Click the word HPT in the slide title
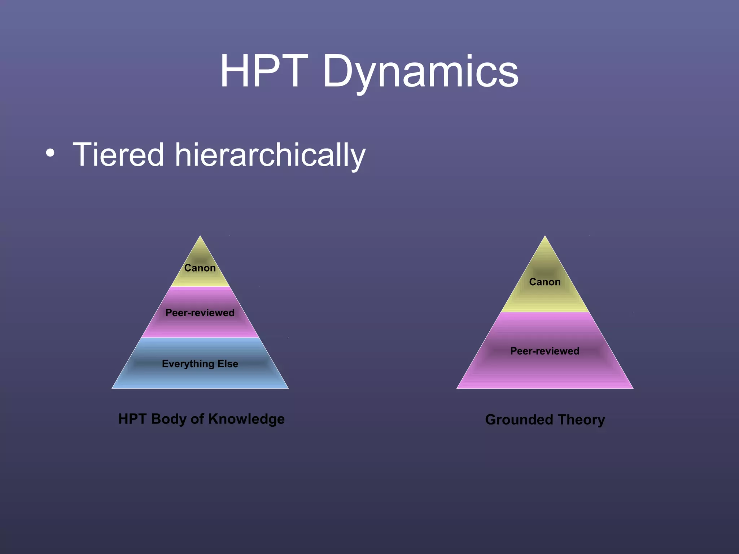click(x=264, y=71)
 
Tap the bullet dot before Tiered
click(x=51, y=153)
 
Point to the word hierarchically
click(x=270, y=155)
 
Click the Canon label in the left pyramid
click(x=200, y=268)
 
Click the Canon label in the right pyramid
click(x=545, y=282)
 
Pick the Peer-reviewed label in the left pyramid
click(x=200, y=313)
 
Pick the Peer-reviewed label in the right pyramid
click(x=545, y=351)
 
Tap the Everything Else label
click(x=200, y=364)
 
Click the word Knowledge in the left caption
click(x=246, y=419)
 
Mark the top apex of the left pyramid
click(x=200, y=237)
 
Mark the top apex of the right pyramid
click(x=545, y=237)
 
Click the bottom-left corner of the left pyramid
click(x=113, y=388)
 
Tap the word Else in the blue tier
click(x=228, y=364)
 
